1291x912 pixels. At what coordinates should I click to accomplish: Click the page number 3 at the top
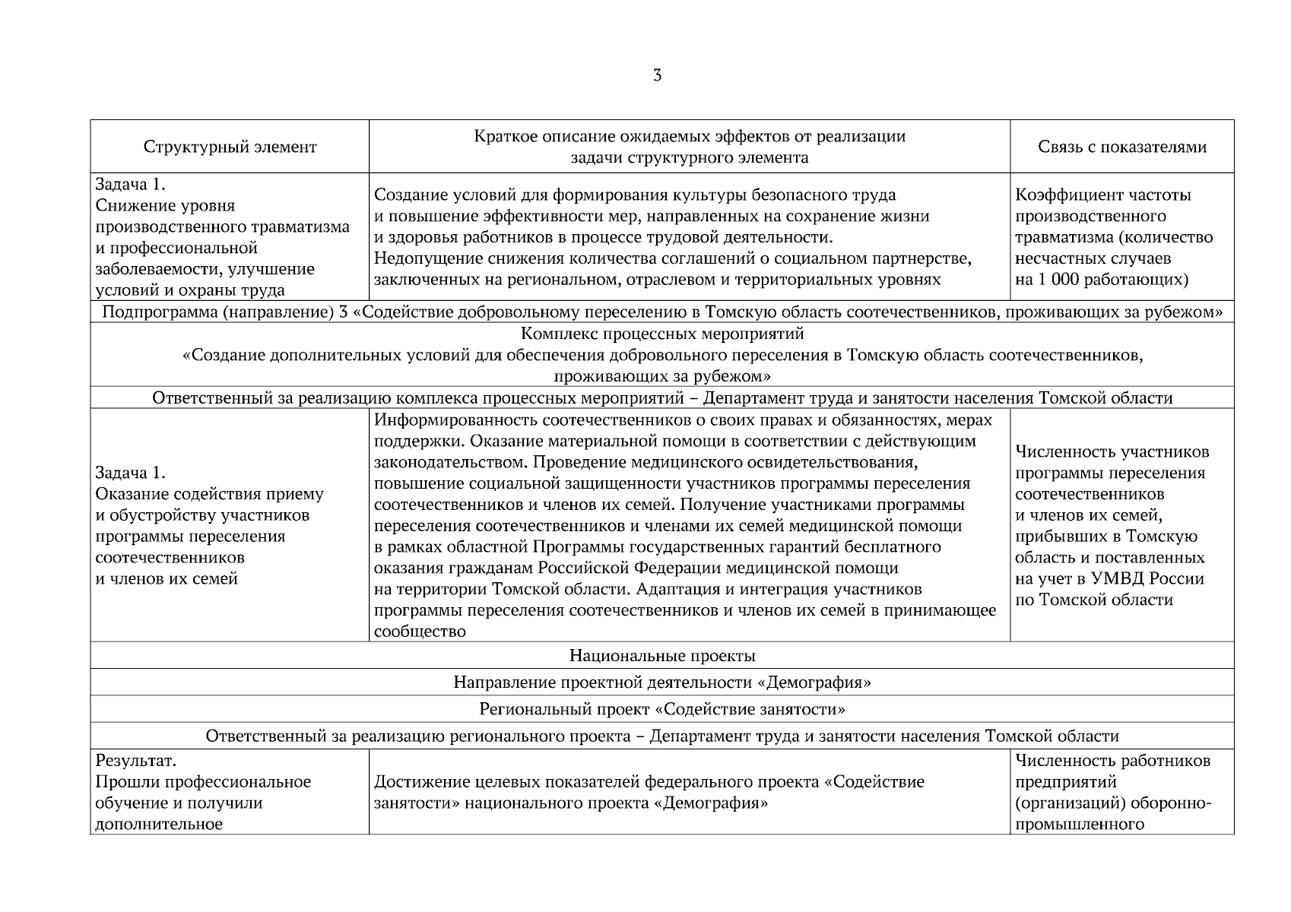[x=657, y=75]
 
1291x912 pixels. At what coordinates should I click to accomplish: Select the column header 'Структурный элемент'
[x=230, y=147]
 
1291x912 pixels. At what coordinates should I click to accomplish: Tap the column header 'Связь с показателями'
[x=1122, y=147]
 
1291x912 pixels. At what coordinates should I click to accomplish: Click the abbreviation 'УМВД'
[x=1118, y=578]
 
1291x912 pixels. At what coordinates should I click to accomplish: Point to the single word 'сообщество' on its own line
[x=420, y=632]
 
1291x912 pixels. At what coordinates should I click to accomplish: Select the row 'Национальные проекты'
[x=661, y=655]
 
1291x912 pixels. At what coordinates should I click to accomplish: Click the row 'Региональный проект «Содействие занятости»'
[x=661, y=709]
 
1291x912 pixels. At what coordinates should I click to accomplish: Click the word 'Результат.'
[x=135, y=761]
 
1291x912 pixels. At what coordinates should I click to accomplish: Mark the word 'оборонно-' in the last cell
[x=1175, y=803]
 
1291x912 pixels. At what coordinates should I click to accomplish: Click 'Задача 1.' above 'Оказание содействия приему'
[x=129, y=473]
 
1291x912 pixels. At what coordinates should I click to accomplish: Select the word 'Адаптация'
[x=674, y=589]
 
